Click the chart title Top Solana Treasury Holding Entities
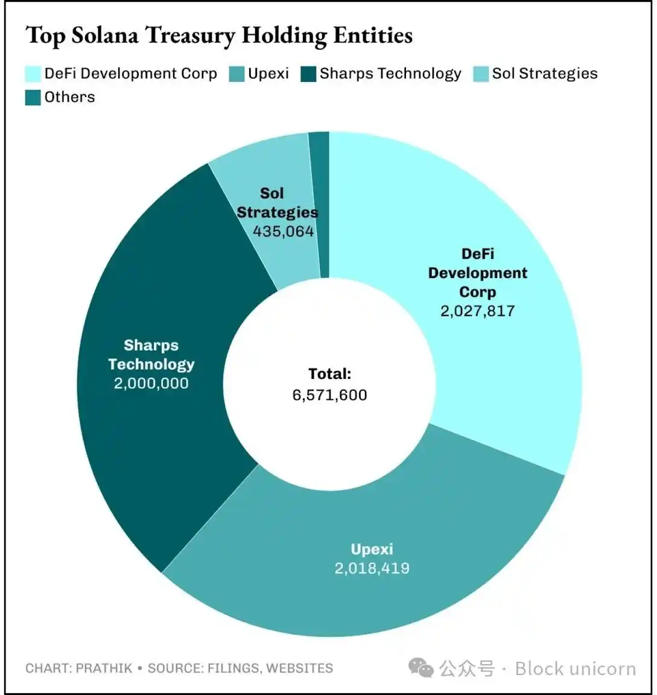[x=219, y=36]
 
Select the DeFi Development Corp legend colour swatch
[x=33, y=74]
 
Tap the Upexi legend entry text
[x=268, y=74]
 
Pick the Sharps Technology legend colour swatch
[x=308, y=74]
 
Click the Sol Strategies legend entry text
[x=544, y=74]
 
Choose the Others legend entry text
[x=69, y=97]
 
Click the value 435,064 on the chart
[x=283, y=232]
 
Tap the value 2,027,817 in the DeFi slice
[x=477, y=311]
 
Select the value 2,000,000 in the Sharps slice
[x=151, y=384]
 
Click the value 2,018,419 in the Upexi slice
[x=372, y=568]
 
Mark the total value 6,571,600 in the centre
[x=329, y=395]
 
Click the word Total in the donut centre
[x=329, y=374]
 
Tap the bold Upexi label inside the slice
[x=372, y=549]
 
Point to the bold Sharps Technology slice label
[x=151, y=355]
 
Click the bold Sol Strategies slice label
[x=277, y=203]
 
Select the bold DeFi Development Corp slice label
[x=477, y=273]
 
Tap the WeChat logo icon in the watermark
[x=421, y=668]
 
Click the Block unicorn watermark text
[x=575, y=668]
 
